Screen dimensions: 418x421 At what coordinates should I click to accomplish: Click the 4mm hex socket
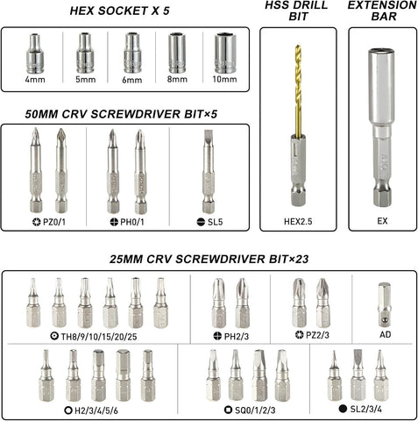tap(35, 54)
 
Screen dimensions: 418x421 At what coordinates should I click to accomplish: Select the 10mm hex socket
tap(225, 53)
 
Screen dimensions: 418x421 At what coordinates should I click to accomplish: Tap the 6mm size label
tap(132, 80)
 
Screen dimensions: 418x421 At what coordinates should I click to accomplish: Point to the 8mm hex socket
tap(177, 53)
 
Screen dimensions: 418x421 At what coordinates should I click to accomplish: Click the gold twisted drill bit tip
tap(298, 46)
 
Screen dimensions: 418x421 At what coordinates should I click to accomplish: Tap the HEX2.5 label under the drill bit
tap(298, 221)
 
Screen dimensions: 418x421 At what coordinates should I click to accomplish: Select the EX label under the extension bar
tap(382, 221)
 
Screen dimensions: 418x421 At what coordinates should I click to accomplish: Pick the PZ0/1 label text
tap(54, 222)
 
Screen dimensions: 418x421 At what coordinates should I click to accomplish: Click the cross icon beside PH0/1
tap(114, 222)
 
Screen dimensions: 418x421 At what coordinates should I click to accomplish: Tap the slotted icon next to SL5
tap(201, 222)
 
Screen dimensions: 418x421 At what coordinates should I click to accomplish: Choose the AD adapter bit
tap(385, 304)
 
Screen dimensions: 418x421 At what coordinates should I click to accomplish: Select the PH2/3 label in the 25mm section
tap(237, 337)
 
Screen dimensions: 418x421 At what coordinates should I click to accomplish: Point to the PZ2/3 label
tap(317, 335)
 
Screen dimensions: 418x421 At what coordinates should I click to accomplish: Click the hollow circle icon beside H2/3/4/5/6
tap(68, 410)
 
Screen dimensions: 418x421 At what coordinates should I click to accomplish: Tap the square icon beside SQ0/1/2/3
tap(229, 410)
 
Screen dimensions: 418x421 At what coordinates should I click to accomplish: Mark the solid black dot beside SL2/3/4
tap(343, 409)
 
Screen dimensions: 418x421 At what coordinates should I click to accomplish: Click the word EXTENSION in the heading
tap(382, 5)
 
